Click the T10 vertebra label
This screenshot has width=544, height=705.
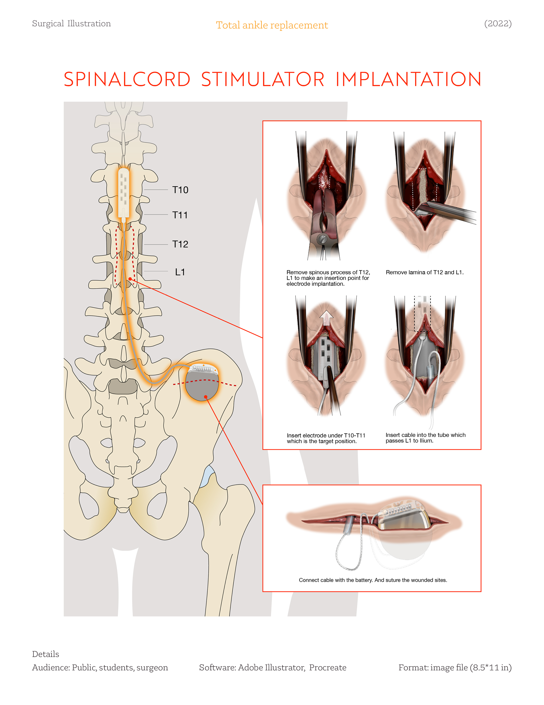point(180,190)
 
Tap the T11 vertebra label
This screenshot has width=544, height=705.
point(180,215)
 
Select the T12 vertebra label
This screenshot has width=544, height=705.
point(180,244)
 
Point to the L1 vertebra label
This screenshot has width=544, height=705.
point(180,272)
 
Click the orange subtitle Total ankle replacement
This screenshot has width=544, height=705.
point(272,25)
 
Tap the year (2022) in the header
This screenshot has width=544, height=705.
point(498,24)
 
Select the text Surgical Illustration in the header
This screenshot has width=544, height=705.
point(71,24)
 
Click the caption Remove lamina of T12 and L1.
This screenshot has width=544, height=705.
point(424,272)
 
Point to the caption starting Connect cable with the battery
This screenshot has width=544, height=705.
point(373,580)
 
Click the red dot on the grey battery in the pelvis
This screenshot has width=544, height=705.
point(205,397)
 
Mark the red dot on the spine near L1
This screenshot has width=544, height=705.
point(130,279)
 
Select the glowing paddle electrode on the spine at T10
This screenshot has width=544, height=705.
point(124,192)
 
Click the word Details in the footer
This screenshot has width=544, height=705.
point(45,654)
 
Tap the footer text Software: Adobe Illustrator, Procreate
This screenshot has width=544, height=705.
point(273,668)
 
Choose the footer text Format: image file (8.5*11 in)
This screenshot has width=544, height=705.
point(455,668)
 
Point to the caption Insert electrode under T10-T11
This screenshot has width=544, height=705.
point(326,438)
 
